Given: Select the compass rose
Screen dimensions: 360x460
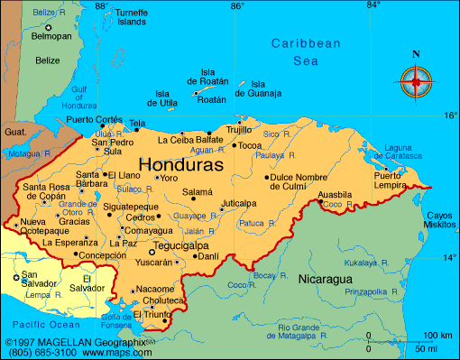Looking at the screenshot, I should (416, 82).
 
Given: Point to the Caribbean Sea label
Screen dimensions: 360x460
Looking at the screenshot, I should (307, 51).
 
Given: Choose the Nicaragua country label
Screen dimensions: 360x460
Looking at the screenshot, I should (326, 279).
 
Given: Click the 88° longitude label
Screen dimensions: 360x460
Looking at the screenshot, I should (101, 6).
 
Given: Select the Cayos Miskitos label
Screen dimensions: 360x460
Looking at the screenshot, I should (440, 219).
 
